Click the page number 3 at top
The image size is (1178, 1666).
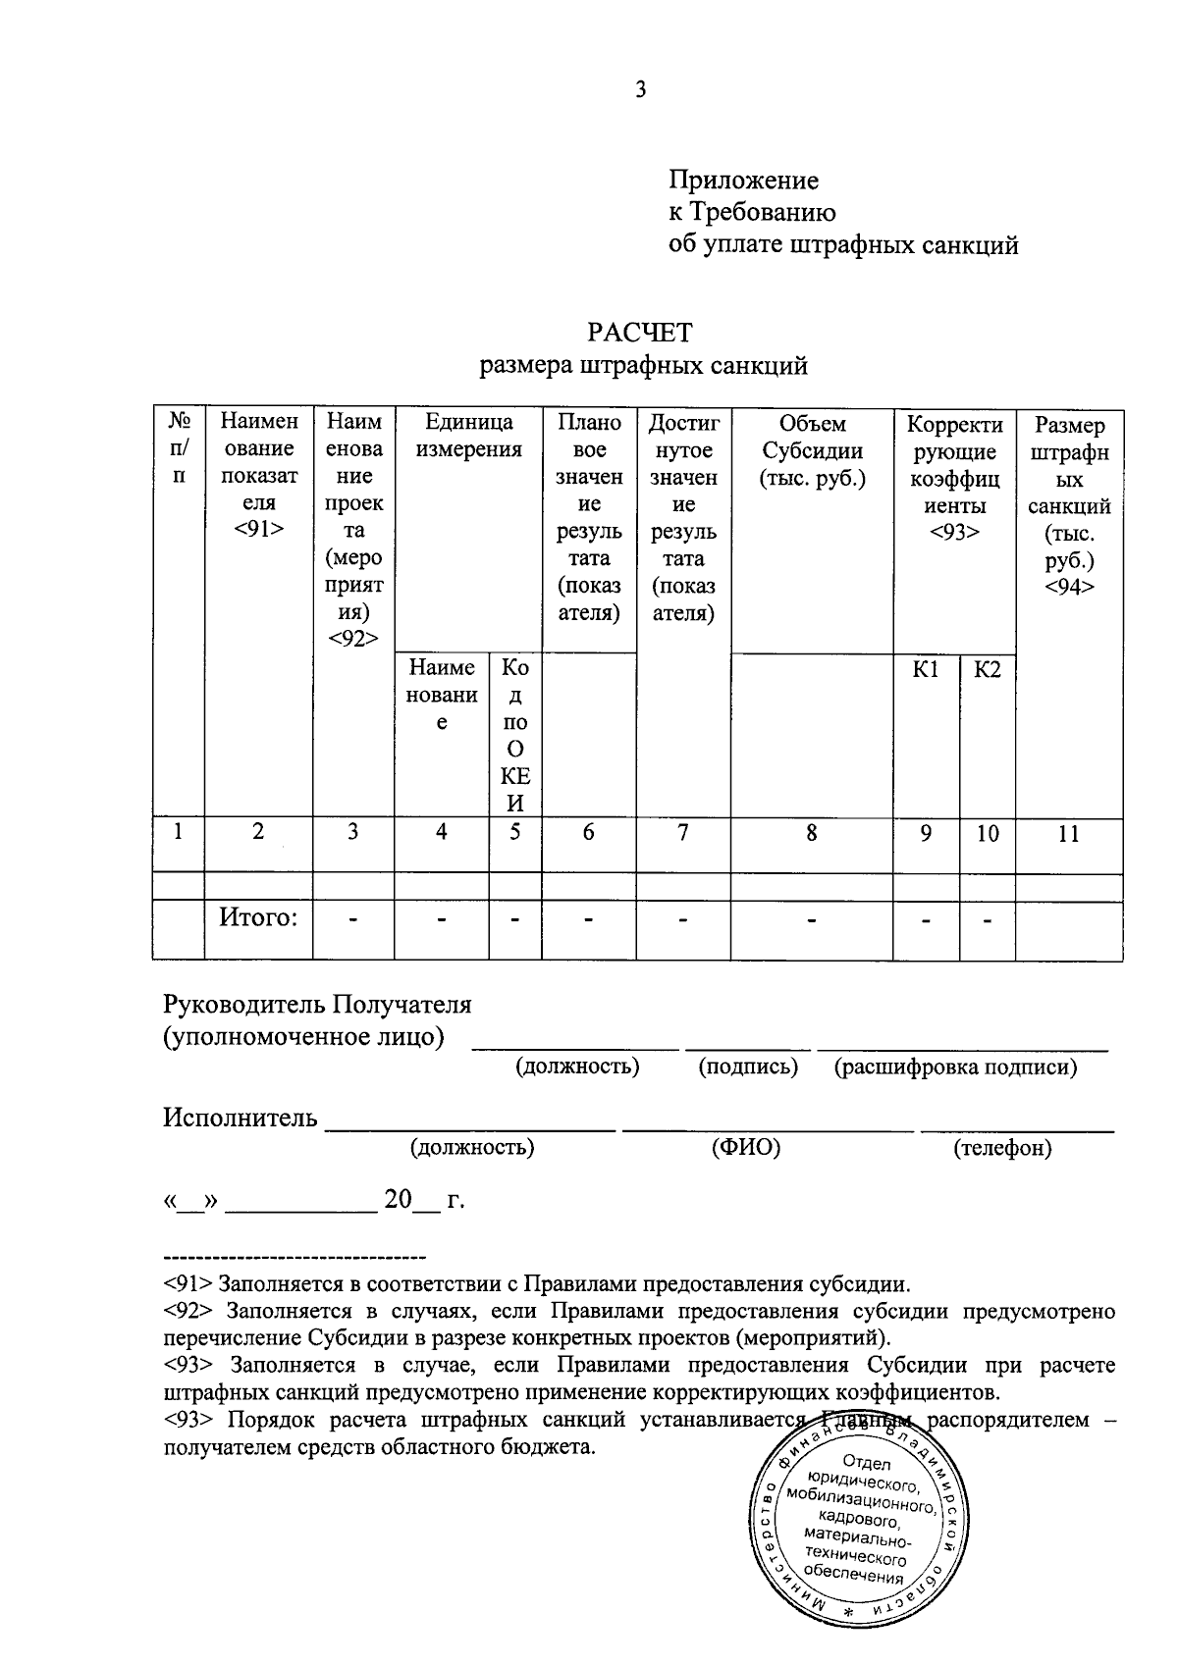pos(640,90)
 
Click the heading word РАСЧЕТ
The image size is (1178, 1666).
pos(639,332)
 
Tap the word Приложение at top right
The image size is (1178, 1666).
pos(743,181)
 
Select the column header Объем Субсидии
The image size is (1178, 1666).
pos(812,451)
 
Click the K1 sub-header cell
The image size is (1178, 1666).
pos(926,669)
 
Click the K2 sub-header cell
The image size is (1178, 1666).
pos(987,669)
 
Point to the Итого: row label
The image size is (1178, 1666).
pos(257,917)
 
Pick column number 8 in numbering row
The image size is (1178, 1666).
pos(812,833)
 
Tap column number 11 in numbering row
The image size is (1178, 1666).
pos(1068,834)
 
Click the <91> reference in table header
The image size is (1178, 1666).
pos(259,530)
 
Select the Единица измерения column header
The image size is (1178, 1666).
pos(468,437)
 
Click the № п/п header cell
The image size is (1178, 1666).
pos(179,448)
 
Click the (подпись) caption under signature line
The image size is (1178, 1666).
pos(748,1067)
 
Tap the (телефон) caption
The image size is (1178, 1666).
pos(1002,1147)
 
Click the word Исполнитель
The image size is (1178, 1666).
pos(241,1118)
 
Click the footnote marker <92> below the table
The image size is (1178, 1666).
pos(189,1311)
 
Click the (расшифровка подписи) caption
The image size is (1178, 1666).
pos(955,1067)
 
